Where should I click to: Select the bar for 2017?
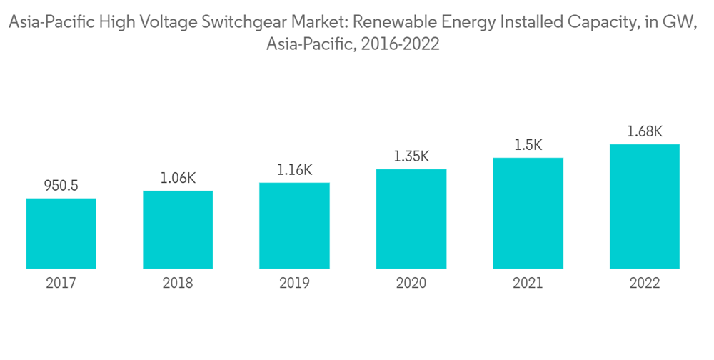coord(61,234)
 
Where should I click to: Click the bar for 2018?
coord(178,230)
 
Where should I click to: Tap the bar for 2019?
coord(294,226)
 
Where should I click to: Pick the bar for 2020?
coord(411,219)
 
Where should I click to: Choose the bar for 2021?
coord(528,214)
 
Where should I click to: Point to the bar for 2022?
coord(644,206)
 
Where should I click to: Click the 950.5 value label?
coord(61,186)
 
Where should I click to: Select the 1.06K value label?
coord(178,179)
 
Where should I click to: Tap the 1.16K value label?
coord(294,171)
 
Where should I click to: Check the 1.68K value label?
coord(644,132)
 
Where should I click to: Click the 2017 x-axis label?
coord(61,284)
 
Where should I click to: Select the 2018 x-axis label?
coord(178,284)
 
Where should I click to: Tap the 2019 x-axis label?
coord(294,284)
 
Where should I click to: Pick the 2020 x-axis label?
coord(411,284)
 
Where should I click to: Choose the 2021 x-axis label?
coord(528,284)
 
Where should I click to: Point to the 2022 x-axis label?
coord(644,284)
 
